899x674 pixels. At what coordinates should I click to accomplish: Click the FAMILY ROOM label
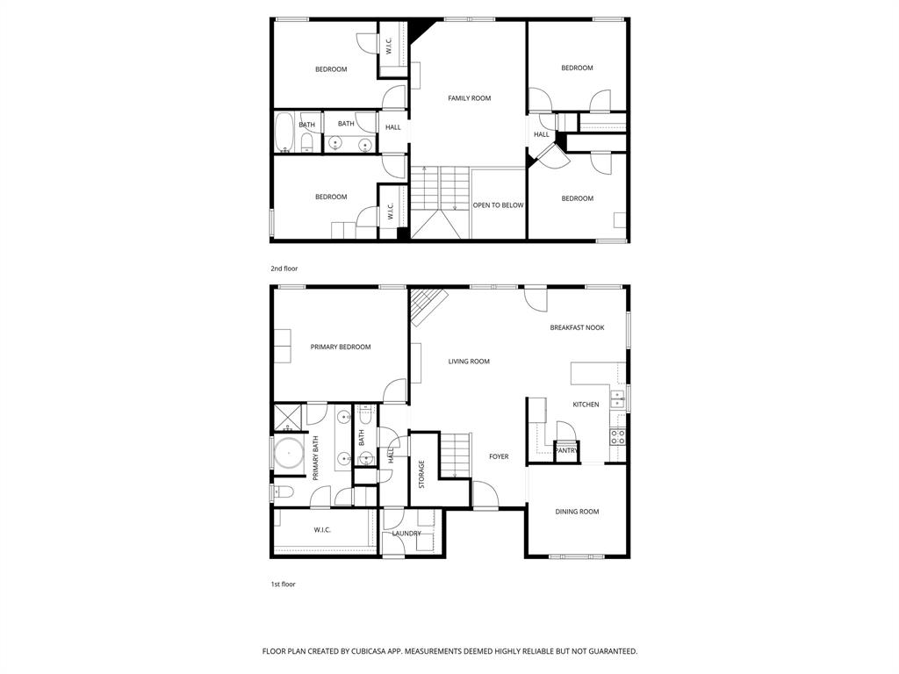(469, 98)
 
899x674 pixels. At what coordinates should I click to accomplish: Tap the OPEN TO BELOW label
(498, 205)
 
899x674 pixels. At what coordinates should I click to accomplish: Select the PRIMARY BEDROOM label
(341, 347)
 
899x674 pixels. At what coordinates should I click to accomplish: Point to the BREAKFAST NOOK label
(578, 327)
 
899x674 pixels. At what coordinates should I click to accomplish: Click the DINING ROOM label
(577, 512)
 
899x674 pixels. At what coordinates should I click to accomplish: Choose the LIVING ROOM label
(469, 362)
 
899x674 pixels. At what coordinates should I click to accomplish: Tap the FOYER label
(499, 456)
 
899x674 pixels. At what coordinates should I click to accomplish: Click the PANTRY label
(566, 451)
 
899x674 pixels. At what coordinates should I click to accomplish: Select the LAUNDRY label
(406, 534)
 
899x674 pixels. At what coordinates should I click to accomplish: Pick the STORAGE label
(421, 474)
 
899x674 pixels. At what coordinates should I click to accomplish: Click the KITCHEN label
(586, 405)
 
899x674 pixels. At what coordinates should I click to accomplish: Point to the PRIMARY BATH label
(315, 459)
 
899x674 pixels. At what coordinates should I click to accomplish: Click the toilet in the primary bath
(281, 491)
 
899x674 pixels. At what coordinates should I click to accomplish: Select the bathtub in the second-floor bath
(284, 133)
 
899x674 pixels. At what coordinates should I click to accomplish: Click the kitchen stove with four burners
(618, 436)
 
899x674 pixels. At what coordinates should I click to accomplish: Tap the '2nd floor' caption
(284, 269)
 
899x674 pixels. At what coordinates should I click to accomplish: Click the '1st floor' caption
(284, 584)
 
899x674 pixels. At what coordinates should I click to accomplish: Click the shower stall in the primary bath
(286, 415)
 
